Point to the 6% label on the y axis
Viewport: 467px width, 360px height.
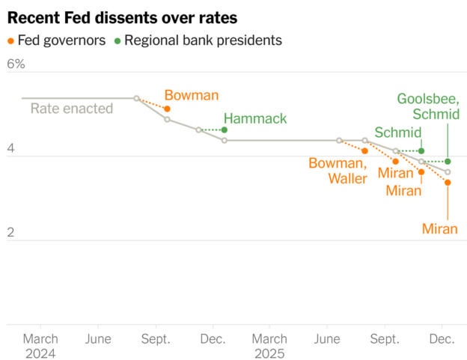pos(16,64)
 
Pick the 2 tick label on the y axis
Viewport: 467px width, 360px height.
pos(10,233)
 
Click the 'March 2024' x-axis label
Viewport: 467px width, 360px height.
pos(40,345)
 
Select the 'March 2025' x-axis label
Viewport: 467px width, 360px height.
pos(269,345)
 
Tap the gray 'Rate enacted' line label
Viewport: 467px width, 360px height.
pos(71,109)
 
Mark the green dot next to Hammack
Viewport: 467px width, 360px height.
pos(225,130)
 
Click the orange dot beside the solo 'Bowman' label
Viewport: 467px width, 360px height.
pos(167,109)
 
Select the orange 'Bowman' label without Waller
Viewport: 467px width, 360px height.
pos(192,96)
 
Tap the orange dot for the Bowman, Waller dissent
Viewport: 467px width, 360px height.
pos(364,151)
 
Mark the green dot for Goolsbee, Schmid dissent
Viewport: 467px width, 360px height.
pos(448,161)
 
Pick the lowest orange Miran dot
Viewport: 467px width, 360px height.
pos(448,183)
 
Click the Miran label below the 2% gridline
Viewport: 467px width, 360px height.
pos(439,229)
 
